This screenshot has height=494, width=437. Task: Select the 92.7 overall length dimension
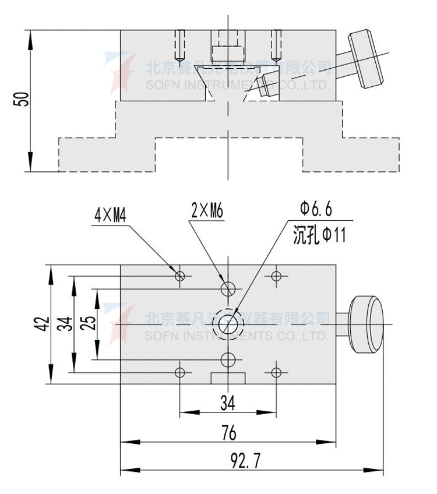click(245, 461)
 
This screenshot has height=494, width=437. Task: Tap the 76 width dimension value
click(229, 433)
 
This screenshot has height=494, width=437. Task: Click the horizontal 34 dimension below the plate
click(228, 401)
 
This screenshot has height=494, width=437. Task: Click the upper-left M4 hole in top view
click(180, 275)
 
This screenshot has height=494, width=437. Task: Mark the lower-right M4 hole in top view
click(276, 371)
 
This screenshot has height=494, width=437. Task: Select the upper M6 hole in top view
click(228, 288)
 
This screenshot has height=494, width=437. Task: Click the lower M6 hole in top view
click(228, 358)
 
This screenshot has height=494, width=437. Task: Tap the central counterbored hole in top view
click(228, 323)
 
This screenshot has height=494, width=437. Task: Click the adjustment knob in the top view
click(367, 324)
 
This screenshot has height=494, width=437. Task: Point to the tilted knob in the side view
click(366, 58)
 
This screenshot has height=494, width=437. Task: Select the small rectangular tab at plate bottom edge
click(228, 378)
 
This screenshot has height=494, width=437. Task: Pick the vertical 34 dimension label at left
click(66, 324)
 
